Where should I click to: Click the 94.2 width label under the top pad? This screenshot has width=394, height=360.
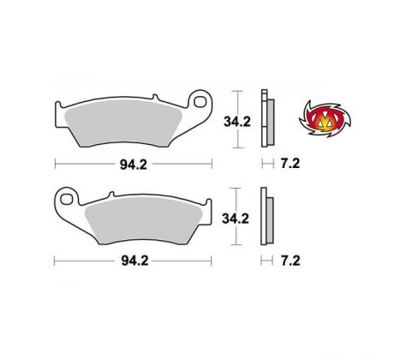[134, 165]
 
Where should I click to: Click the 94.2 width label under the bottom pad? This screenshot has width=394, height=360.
[134, 261]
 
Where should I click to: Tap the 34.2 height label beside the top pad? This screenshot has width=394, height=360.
[237, 122]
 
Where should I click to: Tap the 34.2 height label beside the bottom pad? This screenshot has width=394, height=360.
[236, 219]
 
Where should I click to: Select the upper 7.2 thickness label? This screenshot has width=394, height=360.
[290, 164]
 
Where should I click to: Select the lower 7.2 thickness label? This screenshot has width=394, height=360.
[290, 261]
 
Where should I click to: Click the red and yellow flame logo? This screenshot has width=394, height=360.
[325, 119]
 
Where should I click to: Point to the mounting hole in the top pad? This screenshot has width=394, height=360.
[200, 101]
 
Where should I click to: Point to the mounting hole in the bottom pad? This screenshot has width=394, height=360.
[66, 199]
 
